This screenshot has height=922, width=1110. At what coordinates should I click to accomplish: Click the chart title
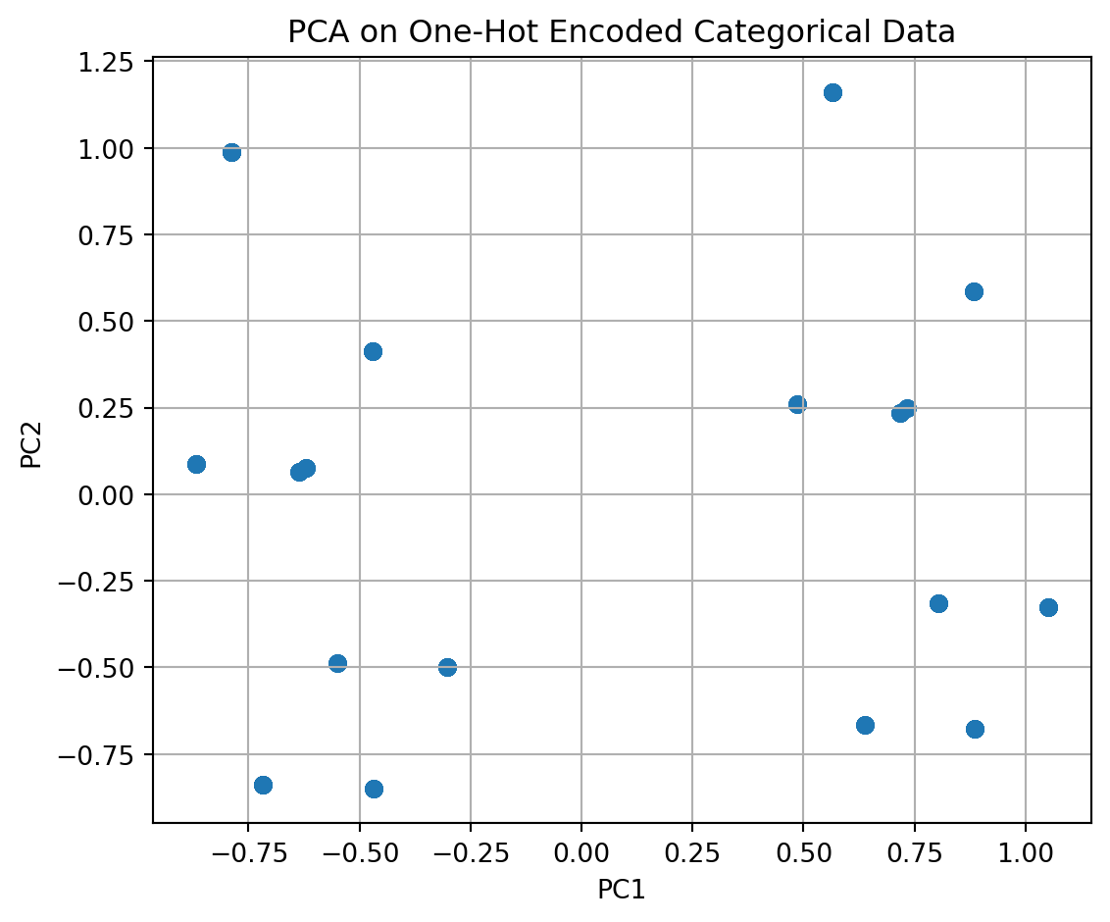(621, 32)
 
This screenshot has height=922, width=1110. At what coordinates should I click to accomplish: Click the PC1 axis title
(621, 890)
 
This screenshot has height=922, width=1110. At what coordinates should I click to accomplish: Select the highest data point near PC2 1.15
(832, 93)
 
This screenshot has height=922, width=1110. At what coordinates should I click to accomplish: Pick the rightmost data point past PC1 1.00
(1048, 607)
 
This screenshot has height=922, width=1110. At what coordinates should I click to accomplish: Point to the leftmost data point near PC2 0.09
(196, 464)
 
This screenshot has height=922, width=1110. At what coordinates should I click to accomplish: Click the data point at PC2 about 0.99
(231, 152)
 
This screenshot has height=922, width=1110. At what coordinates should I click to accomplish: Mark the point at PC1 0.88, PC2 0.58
(974, 291)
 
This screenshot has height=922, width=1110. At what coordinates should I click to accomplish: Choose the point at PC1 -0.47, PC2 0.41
(373, 351)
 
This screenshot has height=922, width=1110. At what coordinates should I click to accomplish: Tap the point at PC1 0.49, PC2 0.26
(797, 404)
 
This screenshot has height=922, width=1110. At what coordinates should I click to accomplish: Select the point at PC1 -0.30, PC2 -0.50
(447, 667)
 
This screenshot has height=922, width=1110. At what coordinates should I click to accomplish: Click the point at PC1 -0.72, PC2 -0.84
(263, 785)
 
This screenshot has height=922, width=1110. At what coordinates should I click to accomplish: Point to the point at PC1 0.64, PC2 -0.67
(865, 725)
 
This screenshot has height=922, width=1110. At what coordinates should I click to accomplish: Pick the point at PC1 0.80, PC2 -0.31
(938, 603)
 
